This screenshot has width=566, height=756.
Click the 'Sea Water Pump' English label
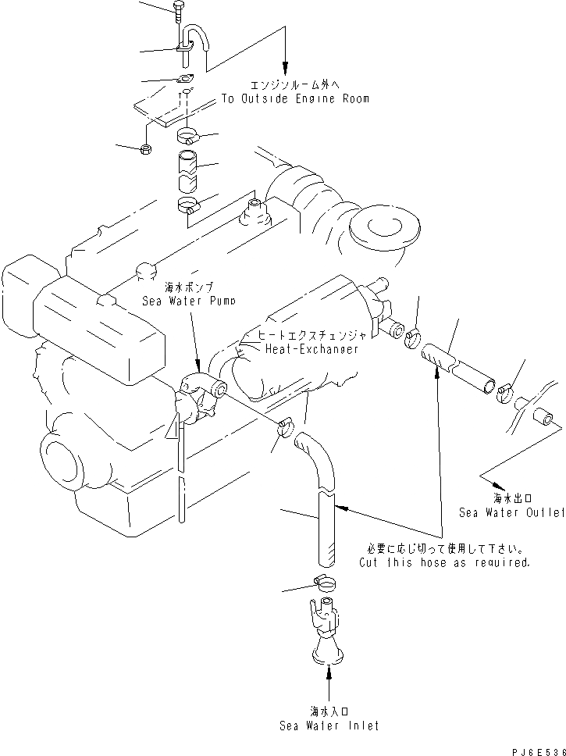click(x=188, y=300)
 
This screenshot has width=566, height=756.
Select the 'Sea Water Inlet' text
click(x=329, y=726)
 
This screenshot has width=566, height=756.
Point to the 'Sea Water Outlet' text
click(x=511, y=513)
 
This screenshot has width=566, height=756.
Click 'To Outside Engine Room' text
click(x=294, y=99)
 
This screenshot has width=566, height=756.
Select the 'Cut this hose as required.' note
click(x=444, y=562)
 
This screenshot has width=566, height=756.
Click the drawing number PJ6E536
click(x=536, y=747)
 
